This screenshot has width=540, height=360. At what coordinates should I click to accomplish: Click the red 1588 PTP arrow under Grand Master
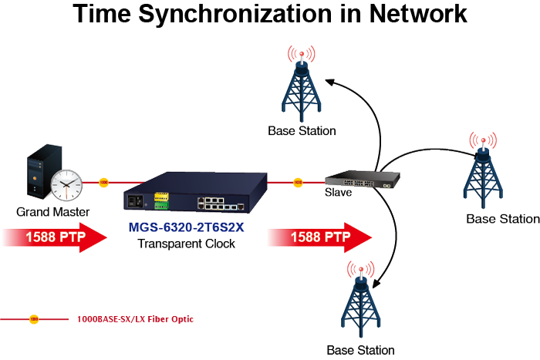[54, 237]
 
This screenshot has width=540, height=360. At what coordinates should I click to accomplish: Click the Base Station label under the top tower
[302, 131]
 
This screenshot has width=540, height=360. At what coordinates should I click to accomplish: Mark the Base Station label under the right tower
[502, 219]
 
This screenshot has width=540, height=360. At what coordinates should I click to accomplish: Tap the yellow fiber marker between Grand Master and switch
[103, 183]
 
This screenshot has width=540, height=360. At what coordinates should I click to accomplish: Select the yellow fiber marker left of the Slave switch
[298, 183]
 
